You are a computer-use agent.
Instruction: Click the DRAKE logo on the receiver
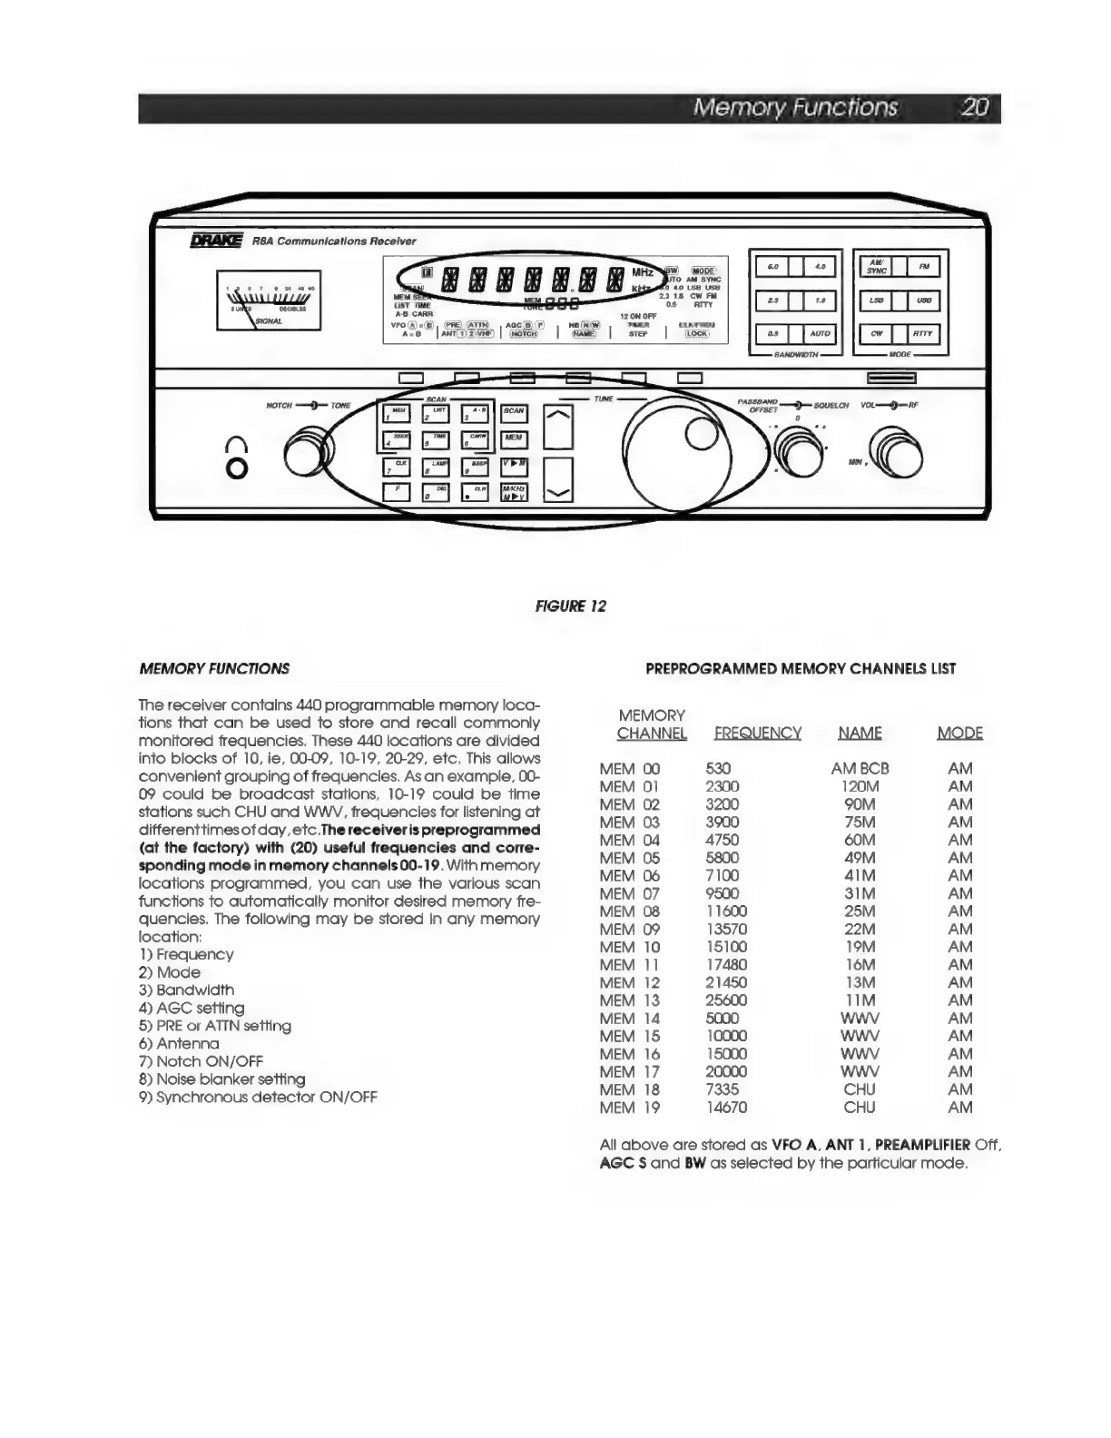click(x=216, y=241)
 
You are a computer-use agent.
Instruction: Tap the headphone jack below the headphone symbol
click(x=237, y=469)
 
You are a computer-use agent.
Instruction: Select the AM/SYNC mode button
click(x=877, y=266)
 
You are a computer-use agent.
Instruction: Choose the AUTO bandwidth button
click(x=820, y=333)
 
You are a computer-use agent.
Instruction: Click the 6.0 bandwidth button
click(x=772, y=266)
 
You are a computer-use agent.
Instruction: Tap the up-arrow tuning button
click(x=559, y=427)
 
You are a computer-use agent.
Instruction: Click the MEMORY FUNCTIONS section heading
click(x=214, y=669)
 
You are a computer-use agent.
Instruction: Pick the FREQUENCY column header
click(x=757, y=734)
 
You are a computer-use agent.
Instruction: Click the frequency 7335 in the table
click(x=723, y=1089)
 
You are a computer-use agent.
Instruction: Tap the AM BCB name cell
click(x=860, y=769)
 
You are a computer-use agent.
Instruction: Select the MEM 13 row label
click(x=630, y=1000)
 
